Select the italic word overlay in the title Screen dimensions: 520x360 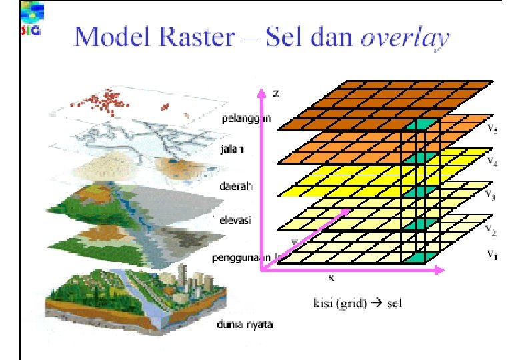(405, 38)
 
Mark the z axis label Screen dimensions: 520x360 (276, 94)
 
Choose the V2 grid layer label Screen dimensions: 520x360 (491, 230)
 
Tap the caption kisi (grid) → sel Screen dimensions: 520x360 (357, 304)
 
